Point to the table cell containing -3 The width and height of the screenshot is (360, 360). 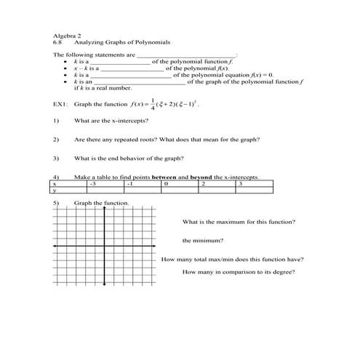coord(92,184)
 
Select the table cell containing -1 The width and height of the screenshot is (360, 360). coord(129,184)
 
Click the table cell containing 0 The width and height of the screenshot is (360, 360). coord(167,184)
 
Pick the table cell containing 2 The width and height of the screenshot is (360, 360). coord(203,184)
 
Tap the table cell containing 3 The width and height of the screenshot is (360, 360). coord(240,184)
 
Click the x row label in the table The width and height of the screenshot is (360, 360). coord(56,184)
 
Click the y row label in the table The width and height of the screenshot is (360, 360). coord(56,191)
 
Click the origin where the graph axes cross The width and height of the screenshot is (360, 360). coord(106,248)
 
